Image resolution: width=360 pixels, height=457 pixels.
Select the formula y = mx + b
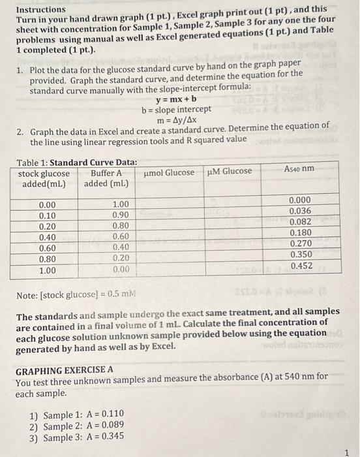(170, 100)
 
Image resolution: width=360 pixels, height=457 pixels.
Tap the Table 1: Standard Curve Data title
(77, 161)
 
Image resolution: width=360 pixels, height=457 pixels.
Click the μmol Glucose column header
(168, 172)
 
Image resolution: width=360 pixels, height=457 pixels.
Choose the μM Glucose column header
(229, 171)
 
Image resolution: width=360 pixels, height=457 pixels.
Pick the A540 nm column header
(299, 169)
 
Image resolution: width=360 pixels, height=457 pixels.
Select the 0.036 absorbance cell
(300, 211)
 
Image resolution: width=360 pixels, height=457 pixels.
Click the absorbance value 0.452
(301, 266)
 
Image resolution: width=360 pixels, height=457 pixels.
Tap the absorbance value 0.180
(301, 232)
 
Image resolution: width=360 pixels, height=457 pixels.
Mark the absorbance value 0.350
(301, 255)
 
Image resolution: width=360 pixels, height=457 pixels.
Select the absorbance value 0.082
(300, 221)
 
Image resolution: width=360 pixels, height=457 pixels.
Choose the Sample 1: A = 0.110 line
(77, 415)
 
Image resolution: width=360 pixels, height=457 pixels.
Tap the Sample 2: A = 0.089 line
(77, 426)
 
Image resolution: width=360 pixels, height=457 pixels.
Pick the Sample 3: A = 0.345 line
(77, 437)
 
